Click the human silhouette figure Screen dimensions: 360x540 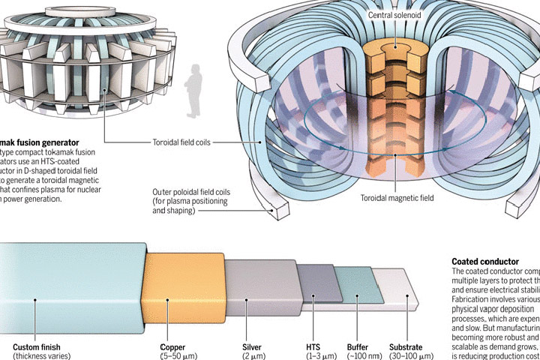tap(194, 90)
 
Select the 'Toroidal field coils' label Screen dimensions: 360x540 tap(186, 141)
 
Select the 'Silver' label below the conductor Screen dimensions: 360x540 tap(252, 347)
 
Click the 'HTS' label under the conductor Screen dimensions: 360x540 tap(313, 347)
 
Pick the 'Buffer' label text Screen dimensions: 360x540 tap(357, 347)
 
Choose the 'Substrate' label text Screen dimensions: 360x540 tap(405, 347)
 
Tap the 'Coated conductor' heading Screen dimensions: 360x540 tap(485, 262)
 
